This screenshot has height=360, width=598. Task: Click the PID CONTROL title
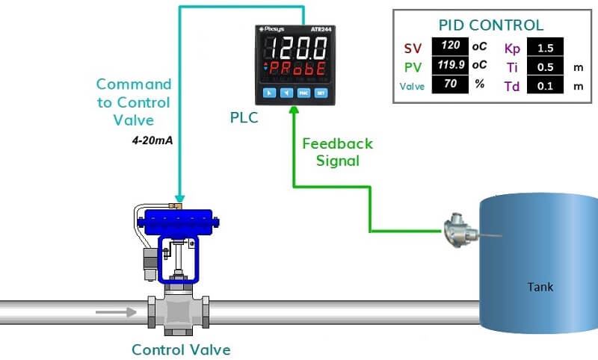point(491,25)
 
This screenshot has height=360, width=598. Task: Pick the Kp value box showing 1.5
point(545,49)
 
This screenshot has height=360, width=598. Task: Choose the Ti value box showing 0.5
point(545,67)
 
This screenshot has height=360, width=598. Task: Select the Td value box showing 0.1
point(545,86)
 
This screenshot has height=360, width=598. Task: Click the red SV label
point(413,49)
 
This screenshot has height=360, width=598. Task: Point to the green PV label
point(413,67)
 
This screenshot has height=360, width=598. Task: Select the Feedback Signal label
point(336,152)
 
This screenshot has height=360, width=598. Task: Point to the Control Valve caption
point(181,349)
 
